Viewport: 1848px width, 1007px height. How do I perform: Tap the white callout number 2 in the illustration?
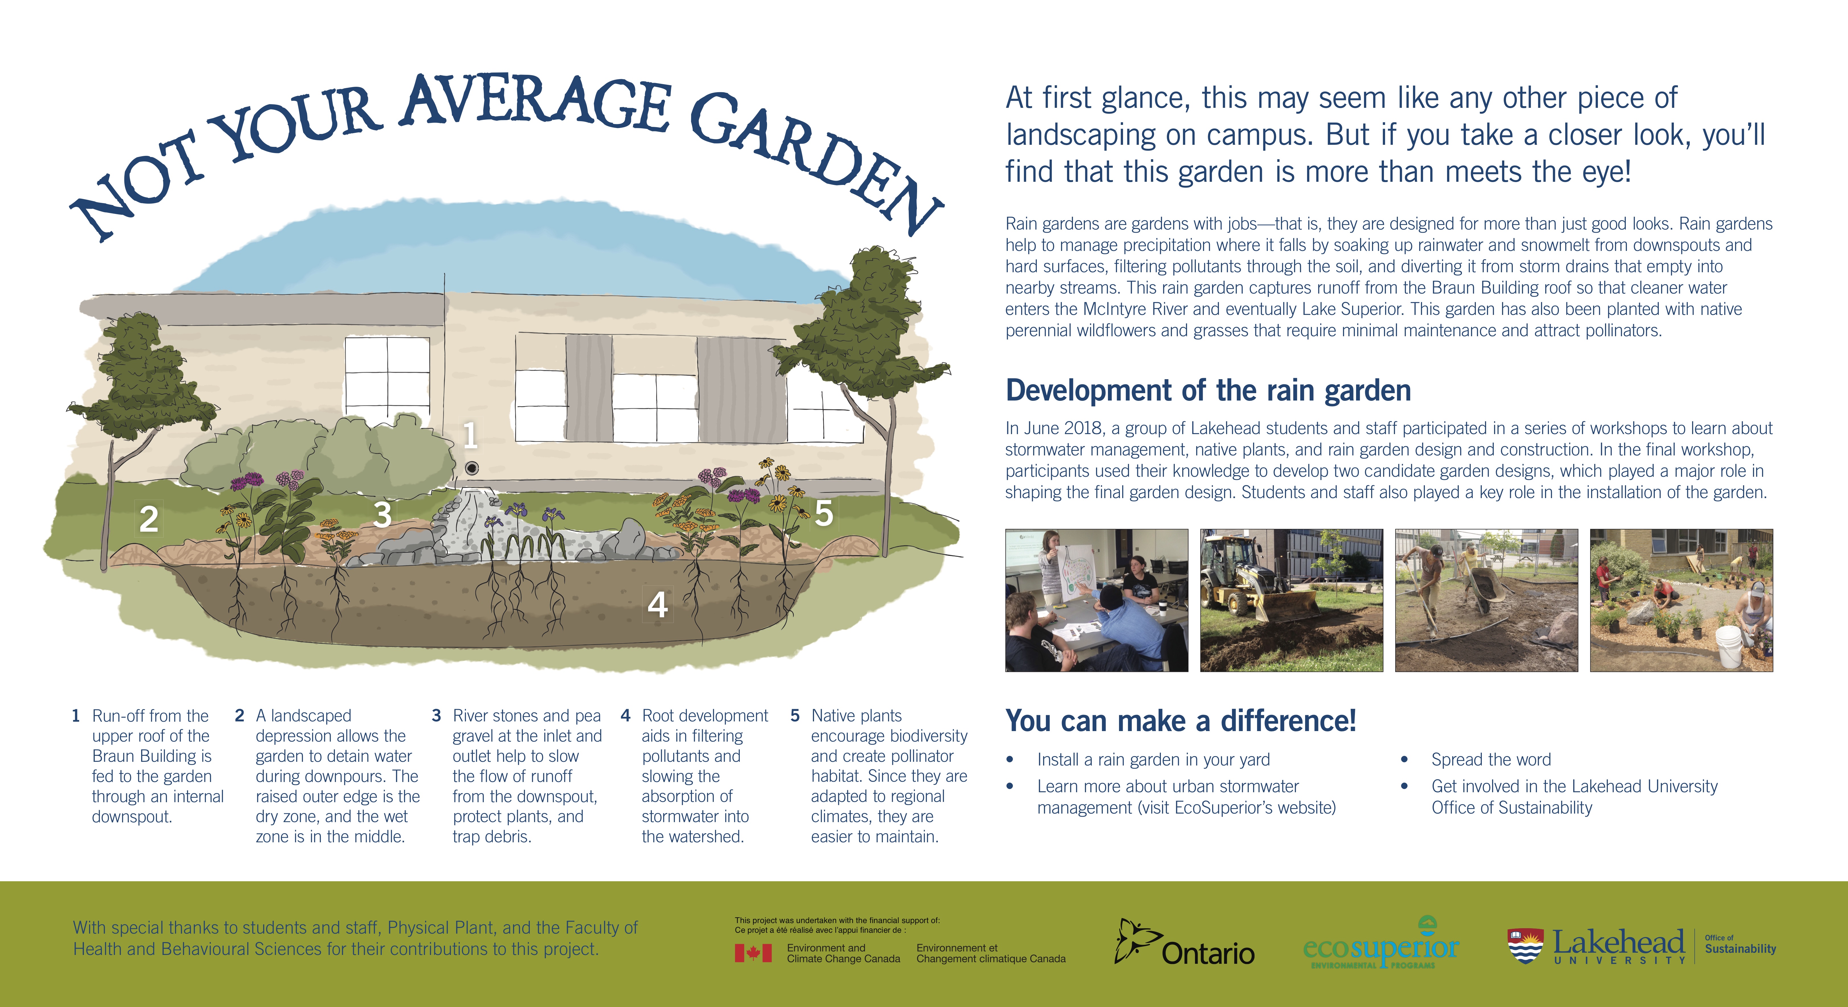tap(149, 519)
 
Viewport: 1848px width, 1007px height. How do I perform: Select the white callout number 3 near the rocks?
tap(382, 514)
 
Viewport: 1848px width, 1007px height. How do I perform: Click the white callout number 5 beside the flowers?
tap(824, 513)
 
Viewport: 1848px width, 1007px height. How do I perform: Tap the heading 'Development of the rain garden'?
tap(1208, 391)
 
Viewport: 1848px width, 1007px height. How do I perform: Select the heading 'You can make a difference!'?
tap(1181, 721)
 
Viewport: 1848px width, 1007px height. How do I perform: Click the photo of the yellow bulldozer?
tap(1291, 600)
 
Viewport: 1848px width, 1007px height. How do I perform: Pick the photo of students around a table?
tap(1096, 600)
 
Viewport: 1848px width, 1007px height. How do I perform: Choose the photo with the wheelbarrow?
tap(1486, 600)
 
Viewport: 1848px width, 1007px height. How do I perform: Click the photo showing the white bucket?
tap(1682, 600)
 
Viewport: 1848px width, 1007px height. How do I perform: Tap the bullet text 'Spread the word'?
tap(1491, 760)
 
